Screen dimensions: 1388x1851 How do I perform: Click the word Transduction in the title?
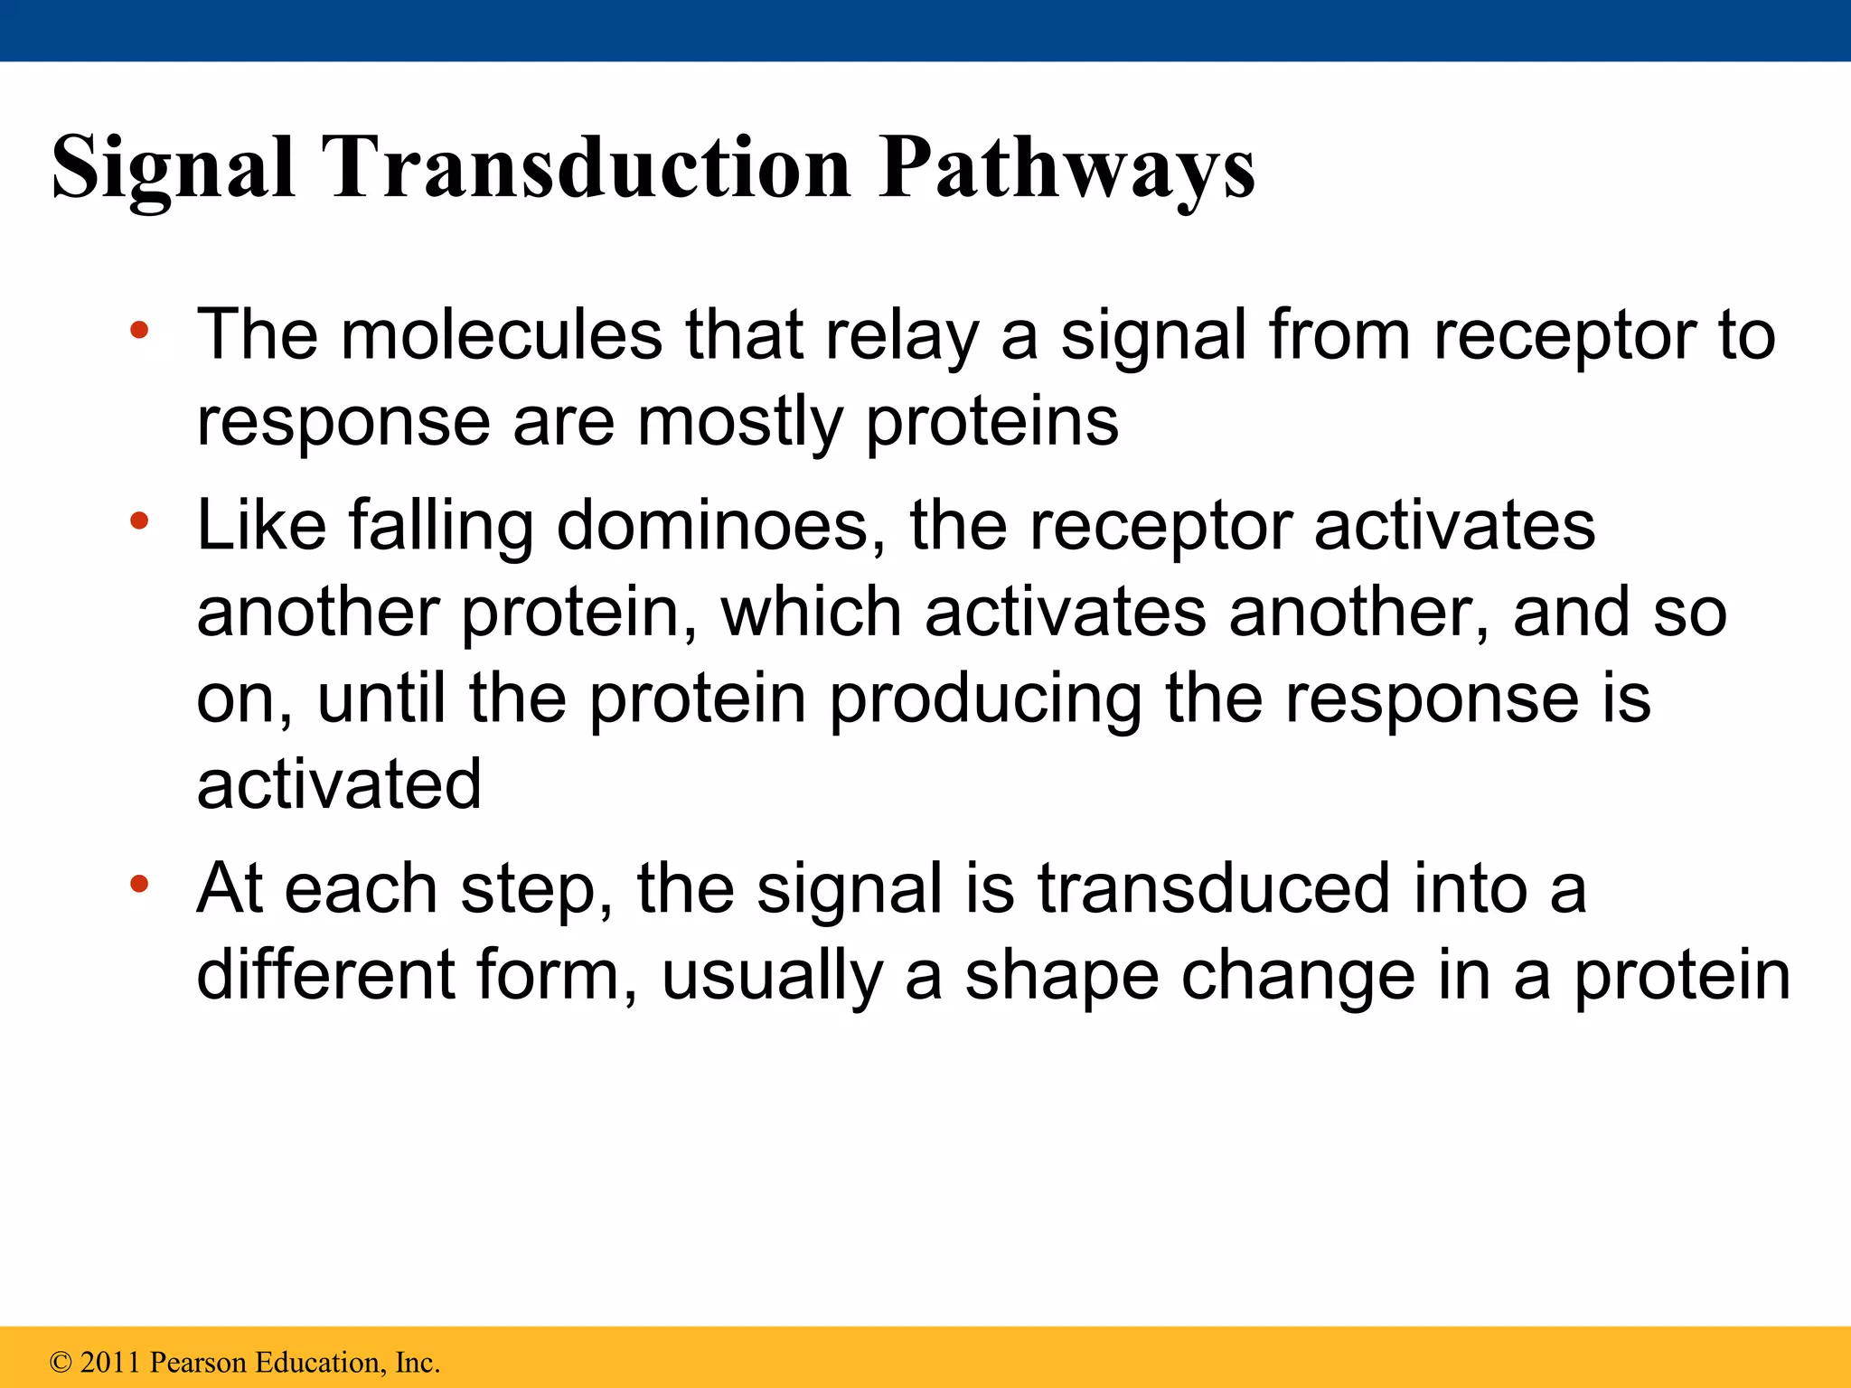[x=587, y=167]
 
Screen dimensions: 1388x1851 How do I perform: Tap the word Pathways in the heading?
[x=1066, y=167]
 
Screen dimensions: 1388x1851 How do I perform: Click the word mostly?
[x=739, y=422]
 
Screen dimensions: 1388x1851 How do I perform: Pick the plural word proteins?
[x=992, y=422]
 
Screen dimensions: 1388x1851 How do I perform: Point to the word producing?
[x=985, y=699]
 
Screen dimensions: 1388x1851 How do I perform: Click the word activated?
[x=339, y=784]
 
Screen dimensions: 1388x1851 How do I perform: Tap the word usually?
[x=772, y=976]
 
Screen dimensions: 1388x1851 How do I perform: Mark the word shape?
[x=1061, y=976]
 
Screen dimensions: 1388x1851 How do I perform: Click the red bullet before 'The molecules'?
[x=138, y=330]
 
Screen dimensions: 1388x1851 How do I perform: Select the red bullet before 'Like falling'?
[x=138, y=520]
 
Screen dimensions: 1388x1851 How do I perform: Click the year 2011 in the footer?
[x=111, y=1362]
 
